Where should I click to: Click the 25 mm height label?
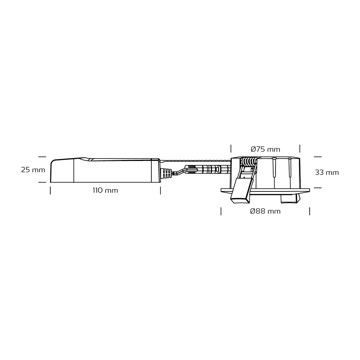coord(33,170)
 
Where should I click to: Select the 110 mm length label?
coord(105,191)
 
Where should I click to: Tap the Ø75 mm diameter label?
coord(265,149)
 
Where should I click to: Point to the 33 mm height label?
coord(327,172)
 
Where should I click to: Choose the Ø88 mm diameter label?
coord(265,211)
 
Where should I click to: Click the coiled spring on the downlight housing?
coord(249,162)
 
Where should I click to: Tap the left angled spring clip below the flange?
coord(242,188)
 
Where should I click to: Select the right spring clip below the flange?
coord(289,198)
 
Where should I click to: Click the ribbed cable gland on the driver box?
coord(165,174)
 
